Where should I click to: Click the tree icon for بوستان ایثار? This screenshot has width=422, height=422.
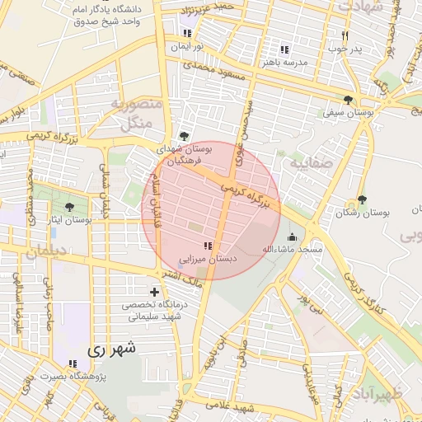click(x=68, y=207)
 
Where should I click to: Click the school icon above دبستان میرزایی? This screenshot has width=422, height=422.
click(x=206, y=246)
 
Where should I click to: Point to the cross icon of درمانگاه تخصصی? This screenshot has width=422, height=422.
click(x=154, y=292)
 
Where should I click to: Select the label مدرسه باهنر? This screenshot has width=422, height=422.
click(x=285, y=63)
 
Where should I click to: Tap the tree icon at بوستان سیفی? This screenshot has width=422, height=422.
click(x=359, y=99)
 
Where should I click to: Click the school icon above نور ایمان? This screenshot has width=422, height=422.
click(x=188, y=34)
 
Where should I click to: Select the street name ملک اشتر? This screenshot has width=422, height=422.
click(x=181, y=279)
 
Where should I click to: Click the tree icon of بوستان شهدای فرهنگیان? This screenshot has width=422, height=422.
click(x=183, y=137)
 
